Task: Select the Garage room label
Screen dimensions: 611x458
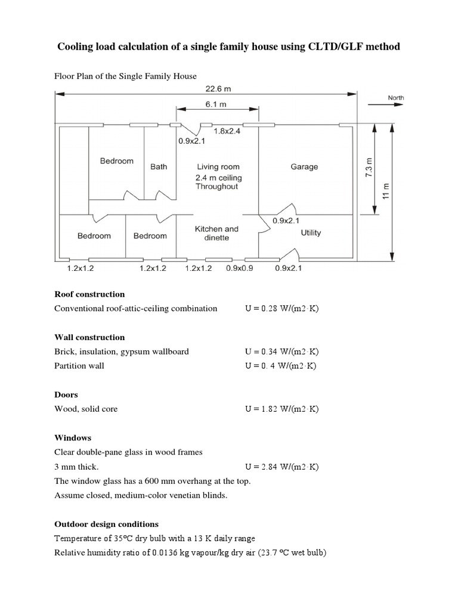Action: [x=304, y=167]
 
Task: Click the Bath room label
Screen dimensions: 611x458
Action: [x=159, y=167]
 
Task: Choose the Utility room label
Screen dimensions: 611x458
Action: [x=311, y=233]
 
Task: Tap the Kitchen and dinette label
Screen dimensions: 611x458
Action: [x=216, y=233]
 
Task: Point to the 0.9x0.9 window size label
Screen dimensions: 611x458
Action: [x=240, y=269]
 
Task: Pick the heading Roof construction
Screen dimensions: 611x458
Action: [x=89, y=294]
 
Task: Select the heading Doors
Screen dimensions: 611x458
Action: [x=66, y=395]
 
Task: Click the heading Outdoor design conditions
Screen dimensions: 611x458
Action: [x=106, y=524]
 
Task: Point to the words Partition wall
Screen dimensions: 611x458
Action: [x=79, y=366]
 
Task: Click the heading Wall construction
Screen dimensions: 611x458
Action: [x=89, y=337]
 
